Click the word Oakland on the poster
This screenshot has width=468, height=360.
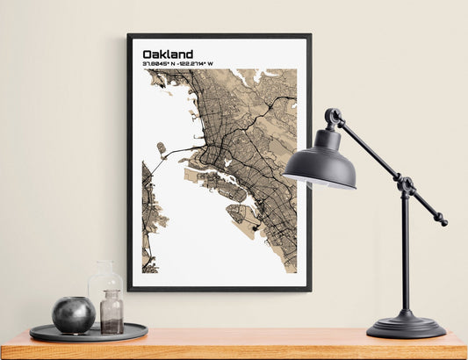coord(168,54)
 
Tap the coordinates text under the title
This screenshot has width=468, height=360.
coord(177,64)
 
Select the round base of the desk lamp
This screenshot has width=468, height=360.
coord(406,327)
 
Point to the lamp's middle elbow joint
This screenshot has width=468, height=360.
coord(406,184)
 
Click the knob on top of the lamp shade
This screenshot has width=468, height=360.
coord(333,115)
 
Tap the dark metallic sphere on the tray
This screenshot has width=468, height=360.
coord(73,314)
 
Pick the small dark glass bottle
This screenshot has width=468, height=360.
coord(112,313)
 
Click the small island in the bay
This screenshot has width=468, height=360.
coord(161,148)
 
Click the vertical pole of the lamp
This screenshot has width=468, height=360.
coord(405,255)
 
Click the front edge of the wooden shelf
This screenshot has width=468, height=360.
coord(234,351)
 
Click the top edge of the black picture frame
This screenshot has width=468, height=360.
coord(219,36)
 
